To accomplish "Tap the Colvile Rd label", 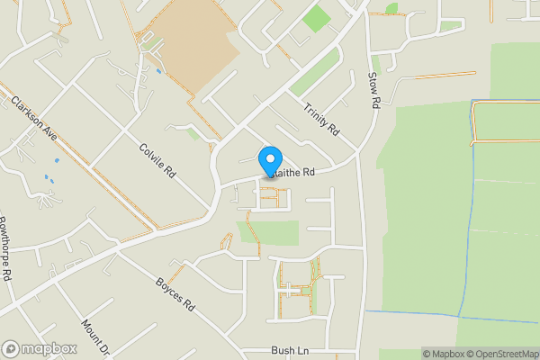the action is pyautogui.click(x=157, y=160).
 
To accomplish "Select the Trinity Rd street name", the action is pyautogui.click(x=321, y=119).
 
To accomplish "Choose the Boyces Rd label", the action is pyautogui.click(x=175, y=293).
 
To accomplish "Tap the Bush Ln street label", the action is pyautogui.click(x=290, y=349).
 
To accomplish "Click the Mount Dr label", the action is pyautogui.click(x=94, y=337).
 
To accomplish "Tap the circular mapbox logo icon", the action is pyautogui.click(x=12, y=348).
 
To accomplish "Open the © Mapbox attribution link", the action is pyautogui.click(x=444, y=354).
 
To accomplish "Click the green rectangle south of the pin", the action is pyautogui.click(x=267, y=232).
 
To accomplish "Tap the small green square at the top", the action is pyautogui.click(x=316, y=19).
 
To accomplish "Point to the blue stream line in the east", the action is pyautogui.click(x=469, y=225).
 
